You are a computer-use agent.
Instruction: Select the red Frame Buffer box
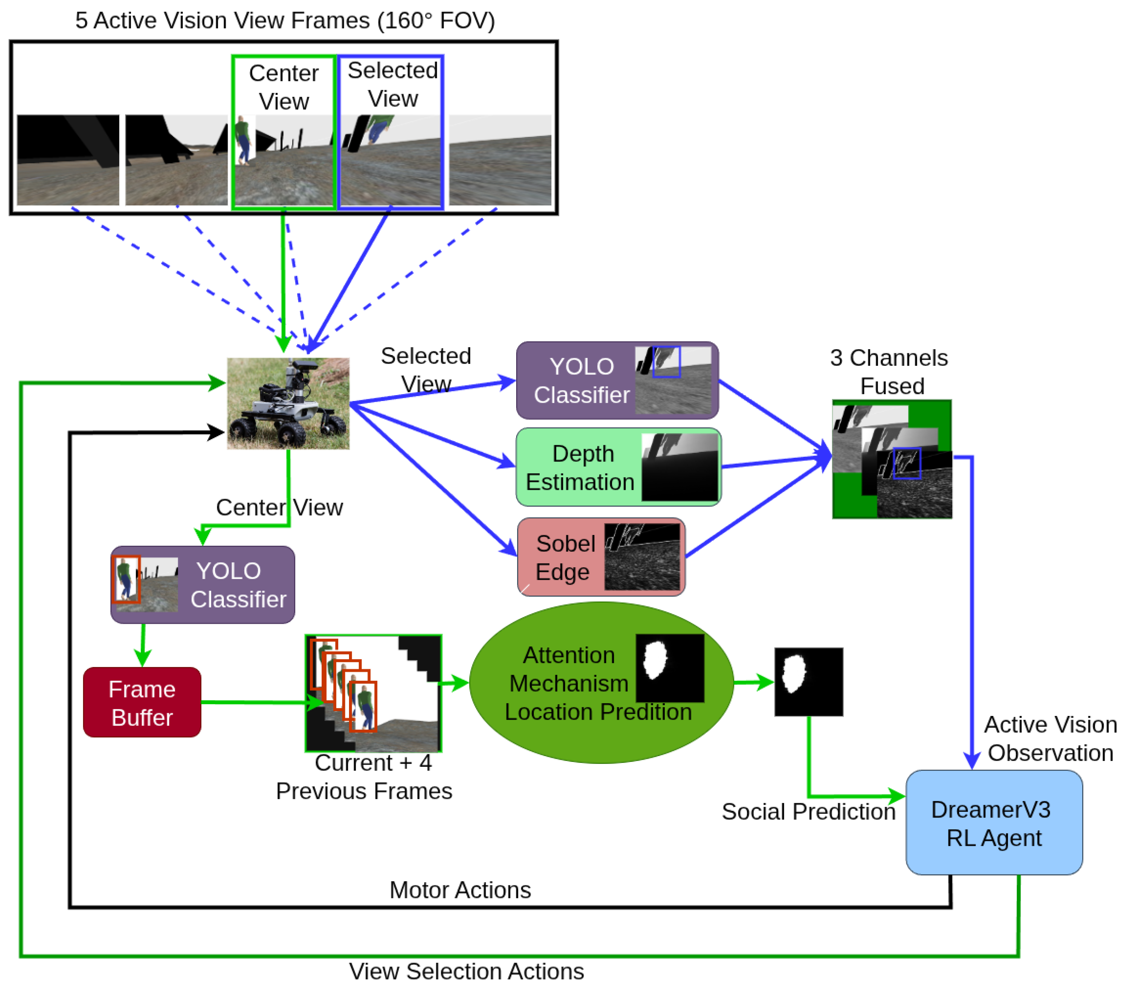pos(142,702)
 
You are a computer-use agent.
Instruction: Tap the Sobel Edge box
pos(601,557)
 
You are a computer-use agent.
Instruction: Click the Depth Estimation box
pos(618,467)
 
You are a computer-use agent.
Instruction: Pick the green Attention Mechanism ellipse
pos(601,683)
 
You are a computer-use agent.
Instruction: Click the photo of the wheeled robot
pos(288,403)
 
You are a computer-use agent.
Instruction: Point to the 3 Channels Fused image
pos(892,459)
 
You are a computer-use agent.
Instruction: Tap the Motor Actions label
pos(460,890)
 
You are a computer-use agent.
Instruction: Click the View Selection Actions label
pos(466,971)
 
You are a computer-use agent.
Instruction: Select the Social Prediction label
pos(809,812)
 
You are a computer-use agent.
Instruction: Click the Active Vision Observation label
pos(1050,738)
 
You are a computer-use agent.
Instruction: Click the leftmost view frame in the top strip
pos(68,160)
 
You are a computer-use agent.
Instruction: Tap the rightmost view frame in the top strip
pos(500,160)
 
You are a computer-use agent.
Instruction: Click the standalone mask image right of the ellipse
pos(809,682)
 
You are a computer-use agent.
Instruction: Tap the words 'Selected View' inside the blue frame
pos(393,84)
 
